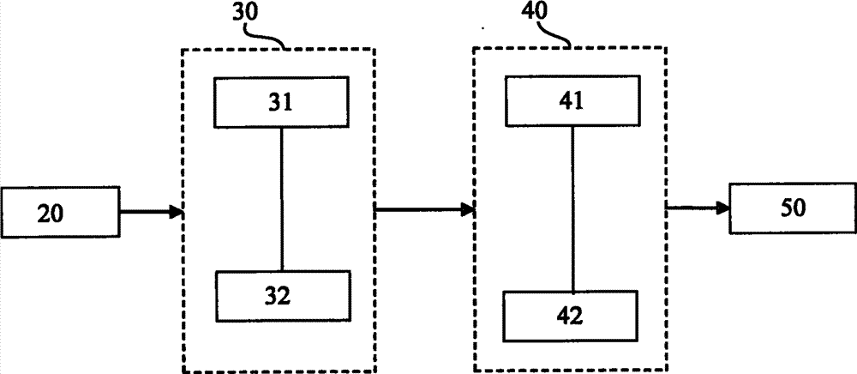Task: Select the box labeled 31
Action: point(280,103)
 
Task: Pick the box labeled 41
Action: point(572,100)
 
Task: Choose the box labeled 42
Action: point(570,316)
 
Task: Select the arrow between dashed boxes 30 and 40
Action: point(425,208)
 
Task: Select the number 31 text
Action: point(280,103)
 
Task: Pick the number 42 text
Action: point(570,316)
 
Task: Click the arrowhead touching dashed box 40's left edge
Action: point(470,208)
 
